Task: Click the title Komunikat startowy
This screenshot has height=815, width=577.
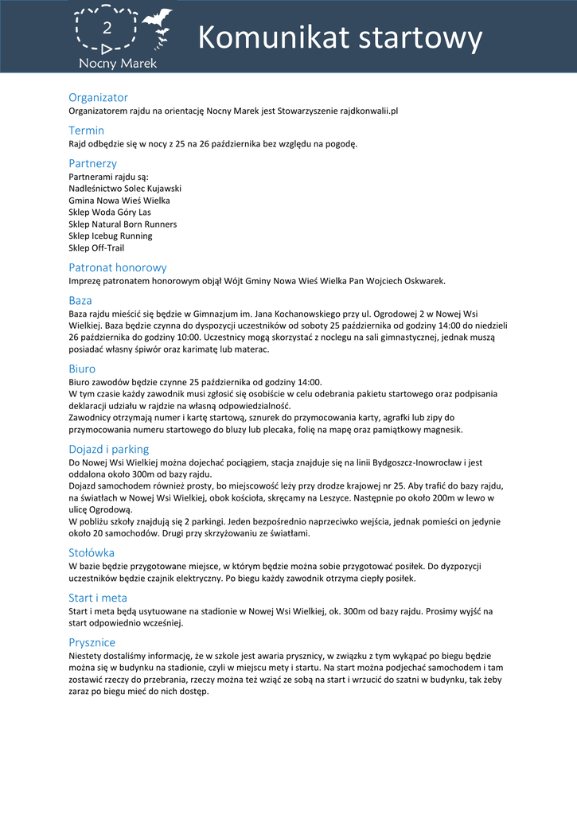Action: (x=340, y=37)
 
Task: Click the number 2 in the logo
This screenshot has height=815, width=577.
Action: (x=106, y=29)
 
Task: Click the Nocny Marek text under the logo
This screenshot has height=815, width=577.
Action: (x=118, y=63)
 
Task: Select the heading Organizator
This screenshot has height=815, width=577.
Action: (x=98, y=97)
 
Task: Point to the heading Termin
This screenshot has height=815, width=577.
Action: (x=86, y=130)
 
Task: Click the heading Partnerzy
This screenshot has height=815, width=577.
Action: (x=92, y=163)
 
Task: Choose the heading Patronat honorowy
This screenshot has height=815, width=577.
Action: (x=118, y=267)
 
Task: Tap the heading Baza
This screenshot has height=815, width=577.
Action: (x=80, y=301)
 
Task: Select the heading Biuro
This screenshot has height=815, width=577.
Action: (x=82, y=369)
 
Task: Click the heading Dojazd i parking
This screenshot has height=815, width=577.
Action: (x=108, y=449)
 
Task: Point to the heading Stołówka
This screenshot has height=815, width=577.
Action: (x=92, y=552)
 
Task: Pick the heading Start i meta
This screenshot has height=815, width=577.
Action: (x=98, y=598)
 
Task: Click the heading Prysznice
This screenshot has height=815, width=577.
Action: (x=92, y=642)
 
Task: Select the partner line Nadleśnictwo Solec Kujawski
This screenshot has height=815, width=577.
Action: (x=125, y=189)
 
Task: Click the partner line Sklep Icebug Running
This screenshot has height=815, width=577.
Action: (x=111, y=236)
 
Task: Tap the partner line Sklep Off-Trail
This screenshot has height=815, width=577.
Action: (x=96, y=248)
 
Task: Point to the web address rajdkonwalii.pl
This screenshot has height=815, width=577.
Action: (x=368, y=111)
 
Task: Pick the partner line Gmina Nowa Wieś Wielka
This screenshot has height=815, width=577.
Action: (x=119, y=201)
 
